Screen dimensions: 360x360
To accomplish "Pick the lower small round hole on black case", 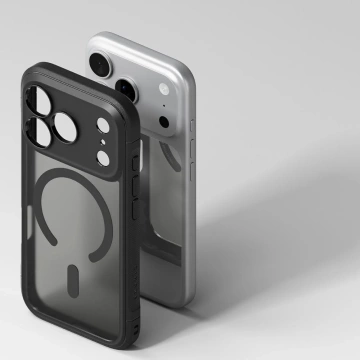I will coord(103,153).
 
